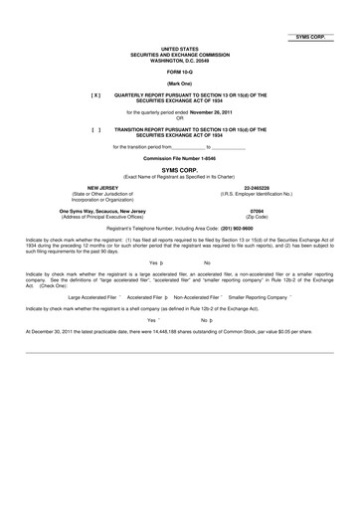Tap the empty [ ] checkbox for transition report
pos(95,129)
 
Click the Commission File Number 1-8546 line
pos(179,159)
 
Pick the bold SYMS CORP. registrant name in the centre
pos(180,170)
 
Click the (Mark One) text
pos(180,84)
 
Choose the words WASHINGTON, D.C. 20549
pos(180,60)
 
